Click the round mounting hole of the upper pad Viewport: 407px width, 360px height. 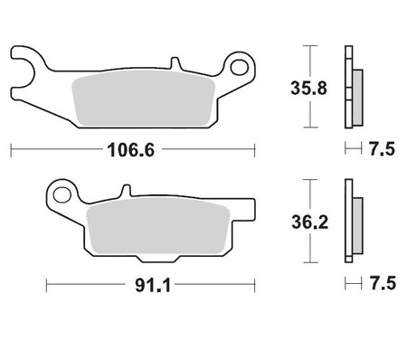pyautogui.click(x=239, y=66)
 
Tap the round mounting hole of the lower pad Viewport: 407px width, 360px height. pyautogui.click(x=61, y=194)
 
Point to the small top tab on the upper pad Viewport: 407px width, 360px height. pyautogui.click(x=172, y=64)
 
